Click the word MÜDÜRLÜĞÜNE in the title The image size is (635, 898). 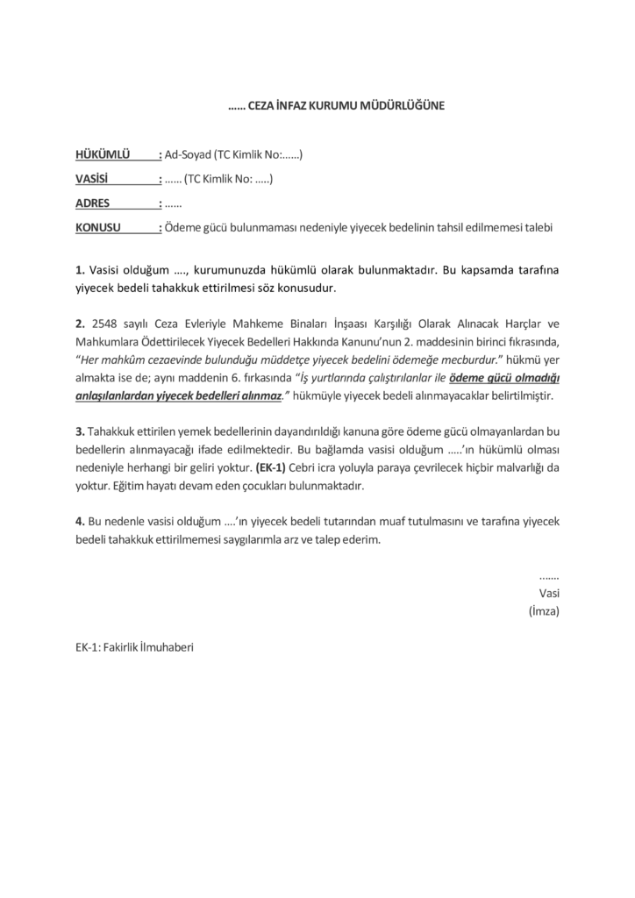coord(403,106)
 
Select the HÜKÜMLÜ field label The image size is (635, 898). coord(103,155)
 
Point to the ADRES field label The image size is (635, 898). coord(93,204)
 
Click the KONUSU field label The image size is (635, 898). coord(98,228)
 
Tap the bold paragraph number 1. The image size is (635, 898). coord(79,268)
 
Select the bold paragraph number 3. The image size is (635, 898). coord(79,432)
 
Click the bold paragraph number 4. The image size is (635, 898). coord(79,522)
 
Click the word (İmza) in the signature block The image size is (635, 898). coord(544,609)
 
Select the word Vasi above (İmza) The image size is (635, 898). coord(549,592)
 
